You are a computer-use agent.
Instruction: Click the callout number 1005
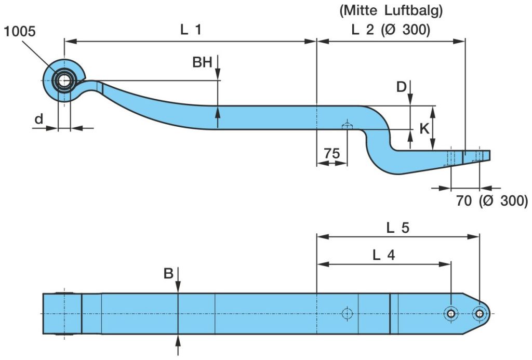pos(19,32)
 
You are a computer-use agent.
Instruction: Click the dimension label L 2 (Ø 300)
pos(391,30)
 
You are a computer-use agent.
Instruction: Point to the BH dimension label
pos(202,63)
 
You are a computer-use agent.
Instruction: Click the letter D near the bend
pos(401,87)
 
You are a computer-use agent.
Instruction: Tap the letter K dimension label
pos(424,128)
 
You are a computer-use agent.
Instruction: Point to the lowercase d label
pos(38,119)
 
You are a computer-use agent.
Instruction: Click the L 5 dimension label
pos(397,227)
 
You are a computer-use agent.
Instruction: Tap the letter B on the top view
pos(168,274)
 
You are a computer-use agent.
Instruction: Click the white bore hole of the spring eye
pos(64,81)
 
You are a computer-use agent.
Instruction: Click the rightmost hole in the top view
pos(479,313)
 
